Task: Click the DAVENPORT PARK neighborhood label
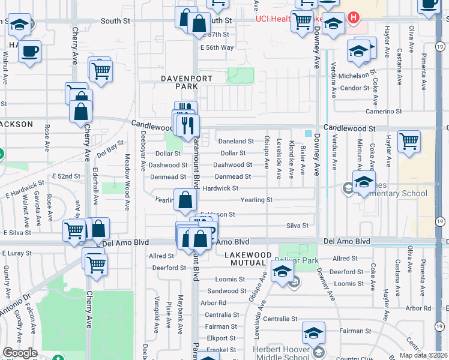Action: [178, 82]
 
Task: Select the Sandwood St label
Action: [223, 291]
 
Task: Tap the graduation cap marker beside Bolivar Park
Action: [280, 272]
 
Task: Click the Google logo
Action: [20, 353]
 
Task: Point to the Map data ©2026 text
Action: [424, 355]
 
